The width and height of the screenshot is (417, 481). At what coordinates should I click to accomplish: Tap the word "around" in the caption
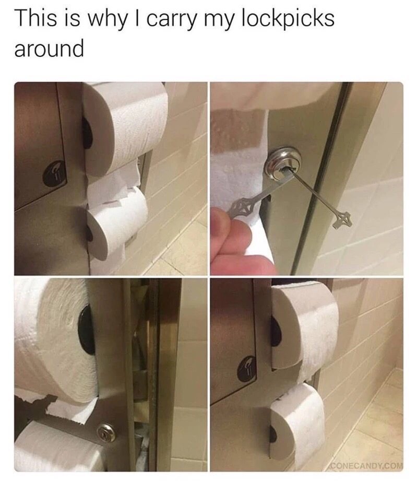click(x=49, y=49)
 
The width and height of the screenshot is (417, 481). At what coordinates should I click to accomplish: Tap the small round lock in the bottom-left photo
click(x=106, y=432)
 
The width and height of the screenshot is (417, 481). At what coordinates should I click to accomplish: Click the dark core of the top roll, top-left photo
click(x=87, y=132)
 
